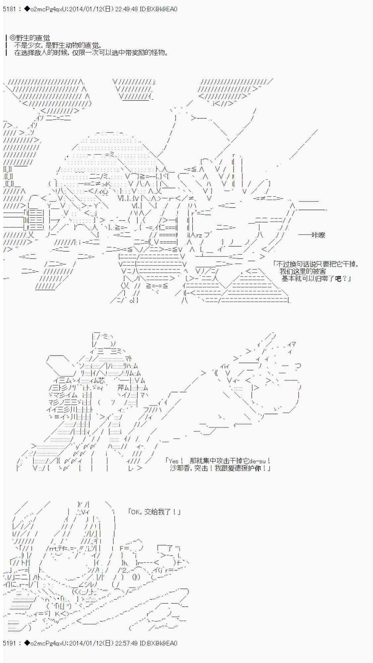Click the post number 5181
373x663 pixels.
[x=9, y=9]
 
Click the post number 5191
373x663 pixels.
[x=9, y=643]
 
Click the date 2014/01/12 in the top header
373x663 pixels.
[x=86, y=9]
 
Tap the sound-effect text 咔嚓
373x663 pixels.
[x=318, y=235]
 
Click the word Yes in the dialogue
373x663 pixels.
[x=174, y=461]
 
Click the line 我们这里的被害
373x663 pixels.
[x=303, y=271]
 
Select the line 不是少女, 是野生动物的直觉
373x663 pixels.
[x=58, y=46]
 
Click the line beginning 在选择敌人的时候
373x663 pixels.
[x=91, y=53]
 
